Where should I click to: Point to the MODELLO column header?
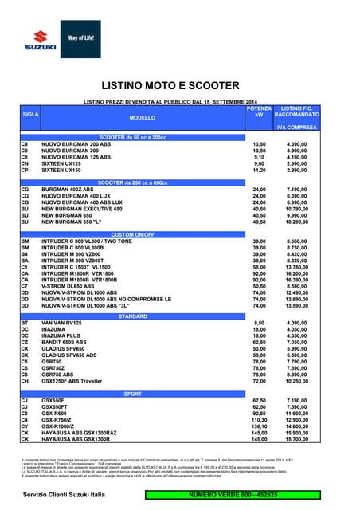pos(143,117)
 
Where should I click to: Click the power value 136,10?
pos(259,426)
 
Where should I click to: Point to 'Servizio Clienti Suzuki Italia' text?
pos(65,496)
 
